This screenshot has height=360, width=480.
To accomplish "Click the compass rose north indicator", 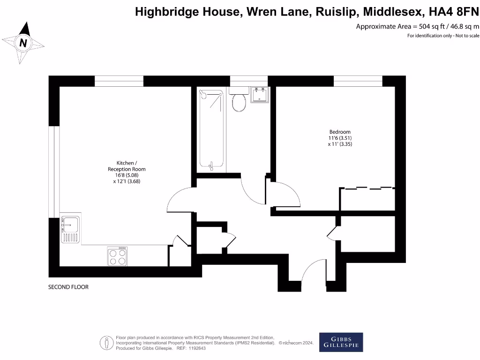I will tap(23, 43).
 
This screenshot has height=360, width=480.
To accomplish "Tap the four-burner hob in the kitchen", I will tap(117, 256).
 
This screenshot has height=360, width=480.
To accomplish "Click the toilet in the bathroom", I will tap(239, 100).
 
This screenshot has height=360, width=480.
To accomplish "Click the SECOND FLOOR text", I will tap(68, 287).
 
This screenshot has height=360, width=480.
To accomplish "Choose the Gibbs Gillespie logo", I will tap(341, 342).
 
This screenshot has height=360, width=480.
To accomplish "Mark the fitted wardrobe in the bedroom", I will tap(367, 199).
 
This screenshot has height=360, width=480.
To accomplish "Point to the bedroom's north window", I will tap(358, 81).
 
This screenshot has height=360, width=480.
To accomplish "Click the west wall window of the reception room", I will tap(55, 172).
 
